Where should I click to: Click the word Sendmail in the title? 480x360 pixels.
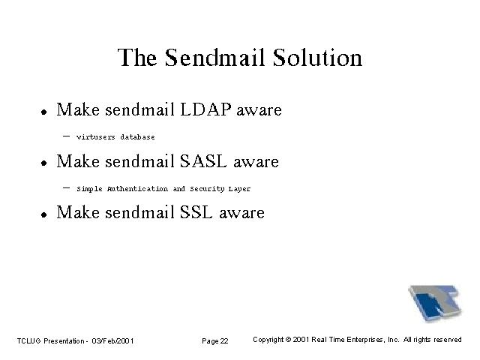(214, 57)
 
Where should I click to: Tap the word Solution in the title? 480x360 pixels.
(317, 57)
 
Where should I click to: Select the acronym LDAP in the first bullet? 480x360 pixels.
(205, 109)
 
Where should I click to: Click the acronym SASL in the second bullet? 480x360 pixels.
(203, 161)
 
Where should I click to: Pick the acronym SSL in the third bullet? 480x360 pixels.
(196, 212)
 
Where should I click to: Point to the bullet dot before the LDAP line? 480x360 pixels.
(44, 112)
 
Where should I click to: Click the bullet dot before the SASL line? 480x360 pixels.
(44, 163)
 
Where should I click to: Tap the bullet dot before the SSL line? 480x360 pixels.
(44, 214)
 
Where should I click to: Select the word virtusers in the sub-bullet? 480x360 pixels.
(96, 136)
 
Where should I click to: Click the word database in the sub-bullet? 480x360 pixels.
(137, 136)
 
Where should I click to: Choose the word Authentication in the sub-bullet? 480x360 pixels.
(137, 188)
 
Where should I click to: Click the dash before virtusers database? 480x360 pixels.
(66, 136)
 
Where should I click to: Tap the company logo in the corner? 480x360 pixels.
(435, 303)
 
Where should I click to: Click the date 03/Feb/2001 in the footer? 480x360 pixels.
(112, 340)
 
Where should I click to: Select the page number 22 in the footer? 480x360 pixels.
(224, 340)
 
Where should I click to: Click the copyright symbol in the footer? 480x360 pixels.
(288, 340)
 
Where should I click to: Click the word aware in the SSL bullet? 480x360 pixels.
(241, 213)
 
